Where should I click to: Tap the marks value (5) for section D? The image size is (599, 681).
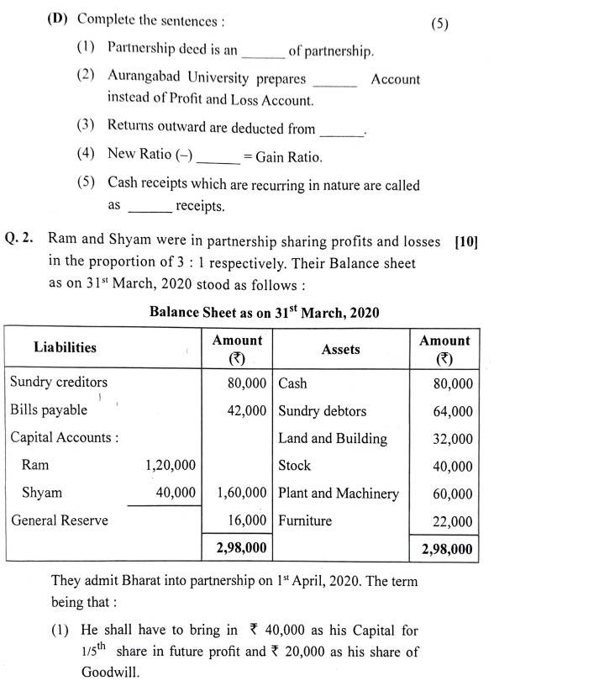tap(440, 24)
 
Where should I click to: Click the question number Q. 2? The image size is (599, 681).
tap(19, 240)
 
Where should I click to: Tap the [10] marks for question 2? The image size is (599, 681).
tap(465, 241)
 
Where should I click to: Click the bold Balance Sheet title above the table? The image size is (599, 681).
tap(264, 312)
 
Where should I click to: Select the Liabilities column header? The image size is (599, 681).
tap(65, 347)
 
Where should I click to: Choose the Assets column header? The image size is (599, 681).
tap(340, 349)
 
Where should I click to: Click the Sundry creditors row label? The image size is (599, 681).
tap(59, 382)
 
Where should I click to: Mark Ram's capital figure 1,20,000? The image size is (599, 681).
tap(171, 465)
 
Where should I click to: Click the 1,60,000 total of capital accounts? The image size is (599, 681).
tap(242, 493)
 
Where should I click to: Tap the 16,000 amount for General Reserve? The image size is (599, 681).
tap(247, 520)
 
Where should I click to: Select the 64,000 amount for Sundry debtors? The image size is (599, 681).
tap(453, 412)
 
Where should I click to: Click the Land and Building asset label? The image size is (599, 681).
tap(333, 438)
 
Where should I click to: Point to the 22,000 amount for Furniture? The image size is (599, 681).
tap(453, 522)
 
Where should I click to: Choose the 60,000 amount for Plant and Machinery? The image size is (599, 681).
tap(453, 494)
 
